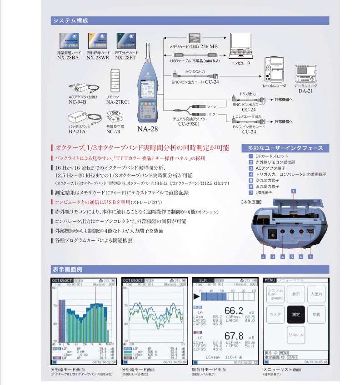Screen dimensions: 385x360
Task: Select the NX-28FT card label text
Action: (x=126, y=58)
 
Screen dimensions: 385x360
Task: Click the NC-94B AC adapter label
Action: (x=77, y=102)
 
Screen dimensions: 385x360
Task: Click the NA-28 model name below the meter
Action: (x=148, y=129)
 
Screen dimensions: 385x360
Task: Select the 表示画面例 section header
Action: (x=67, y=269)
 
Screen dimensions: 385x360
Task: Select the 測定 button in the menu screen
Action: (x=295, y=314)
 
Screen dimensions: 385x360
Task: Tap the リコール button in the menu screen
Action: (x=295, y=334)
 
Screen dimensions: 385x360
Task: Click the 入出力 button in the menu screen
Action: (x=316, y=294)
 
